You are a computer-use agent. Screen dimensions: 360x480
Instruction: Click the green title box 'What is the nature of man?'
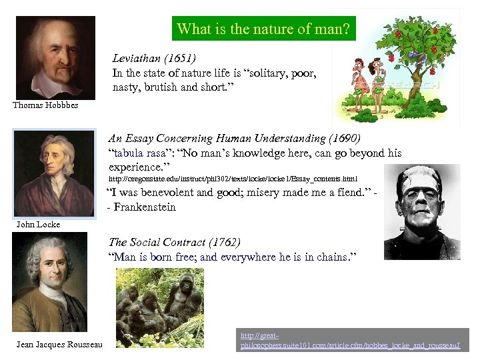pos(264,29)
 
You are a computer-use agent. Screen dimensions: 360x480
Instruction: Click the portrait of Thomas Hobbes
pos(55,57)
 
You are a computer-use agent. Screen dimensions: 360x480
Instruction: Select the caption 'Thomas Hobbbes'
pos(45,105)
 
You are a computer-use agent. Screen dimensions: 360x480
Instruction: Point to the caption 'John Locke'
pos(38,225)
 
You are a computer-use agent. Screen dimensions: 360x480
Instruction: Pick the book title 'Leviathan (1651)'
pos(154,59)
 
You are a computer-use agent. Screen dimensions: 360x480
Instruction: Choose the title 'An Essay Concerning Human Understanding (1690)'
pos(234,139)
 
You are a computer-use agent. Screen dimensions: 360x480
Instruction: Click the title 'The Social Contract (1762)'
pos(175,242)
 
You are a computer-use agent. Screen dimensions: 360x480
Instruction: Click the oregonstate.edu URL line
pos(233,179)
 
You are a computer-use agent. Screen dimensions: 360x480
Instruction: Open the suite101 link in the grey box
pos(353,341)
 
